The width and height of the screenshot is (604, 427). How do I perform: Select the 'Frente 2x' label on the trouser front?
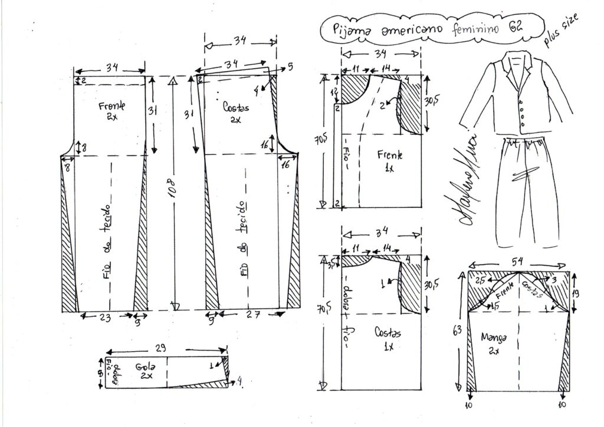(x=110, y=110)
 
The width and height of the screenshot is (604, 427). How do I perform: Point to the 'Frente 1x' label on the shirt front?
(x=389, y=160)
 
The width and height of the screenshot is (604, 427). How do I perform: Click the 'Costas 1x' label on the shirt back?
(x=388, y=339)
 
